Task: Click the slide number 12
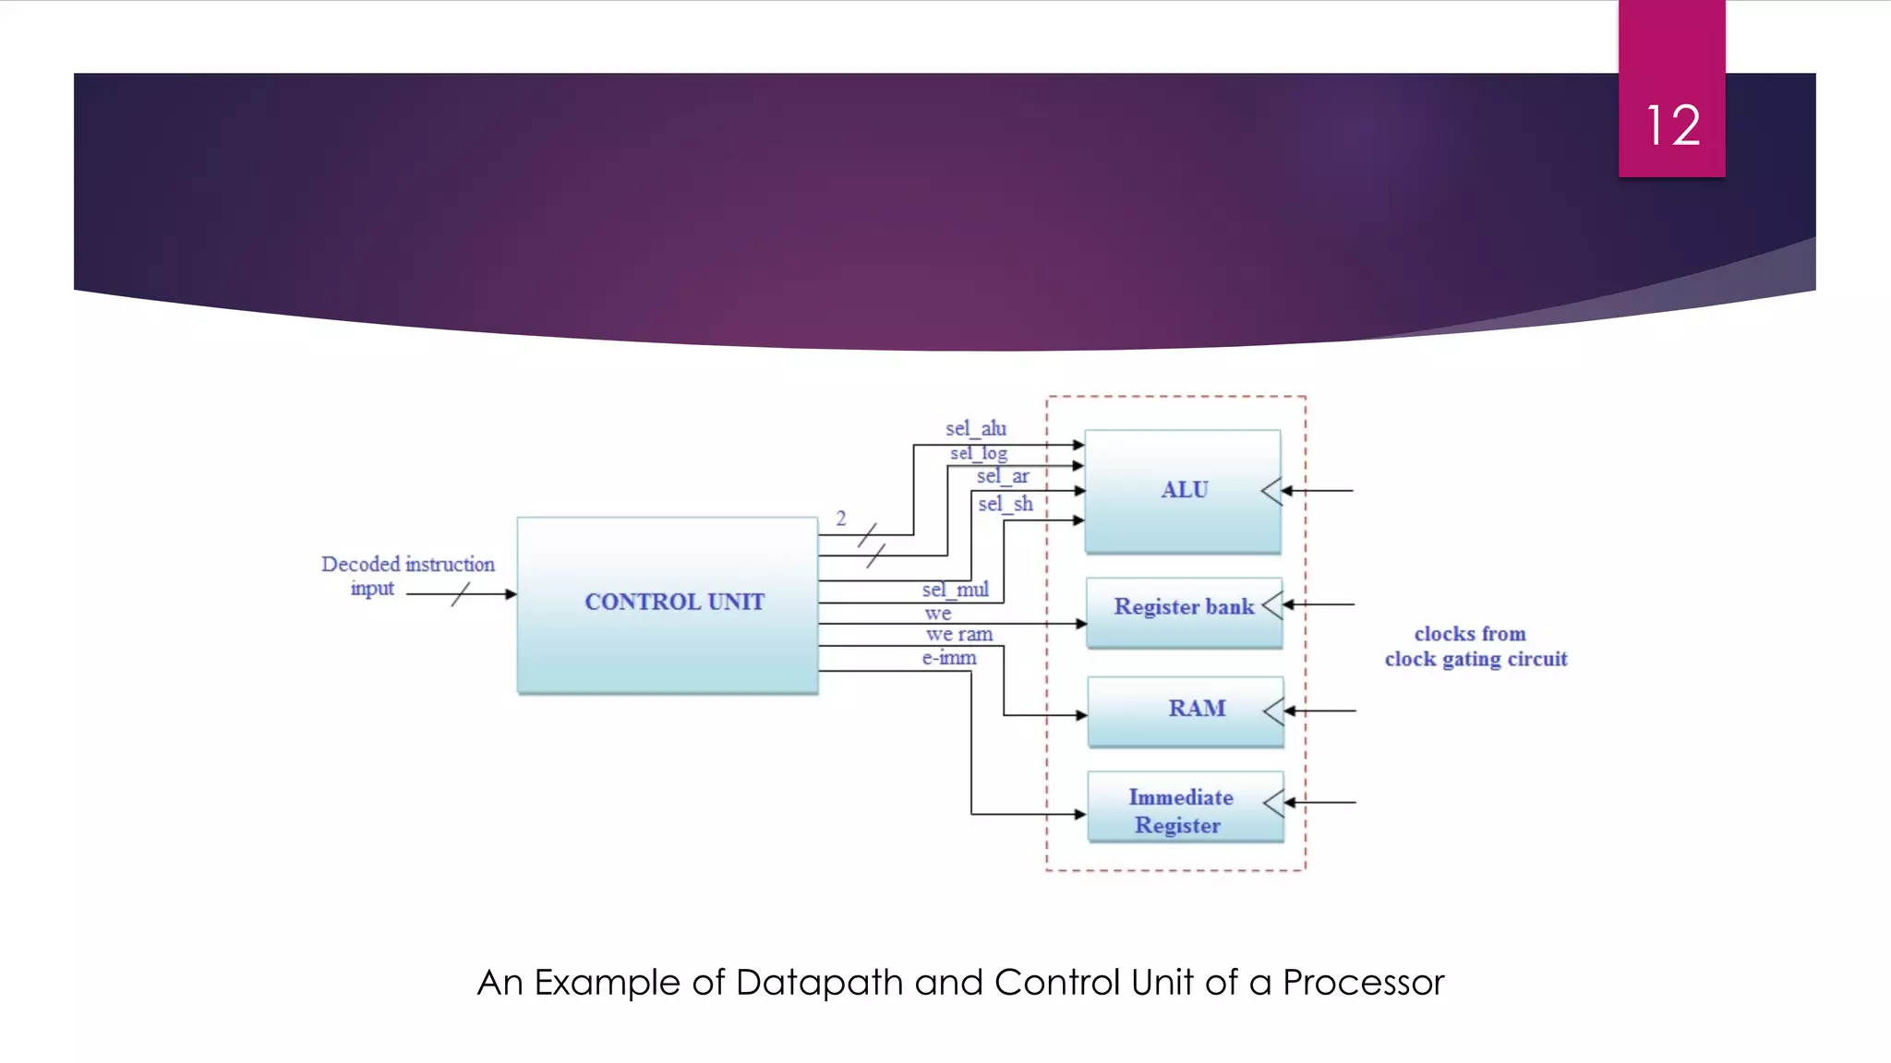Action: pyautogui.click(x=1672, y=125)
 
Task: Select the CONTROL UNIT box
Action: pyautogui.click(x=668, y=604)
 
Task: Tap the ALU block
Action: pyautogui.click(x=1182, y=491)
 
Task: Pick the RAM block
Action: pyautogui.click(x=1186, y=711)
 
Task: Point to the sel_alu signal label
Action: pyautogui.click(x=976, y=428)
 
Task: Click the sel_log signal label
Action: pyautogui.click(x=979, y=453)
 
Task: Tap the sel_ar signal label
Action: pyautogui.click(x=1003, y=476)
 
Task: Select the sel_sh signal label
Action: pyautogui.click(x=1006, y=504)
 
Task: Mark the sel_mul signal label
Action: pyautogui.click(x=955, y=590)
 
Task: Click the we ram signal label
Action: pyautogui.click(x=959, y=634)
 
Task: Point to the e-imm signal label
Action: pyautogui.click(x=949, y=658)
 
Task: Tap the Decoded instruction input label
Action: pyautogui.click(x=407, y=576)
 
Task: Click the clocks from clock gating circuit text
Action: pyautogui.click(x=1475, y=646)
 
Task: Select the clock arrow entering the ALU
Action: pyautogui.click(x=1318, y=491)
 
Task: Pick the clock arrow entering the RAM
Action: pyautogui.click(x=1319, y=711)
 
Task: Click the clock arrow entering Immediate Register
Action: pyautogui.click(x=1319, y=803)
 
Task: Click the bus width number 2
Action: pyautogui.click(x=841, y=519)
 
